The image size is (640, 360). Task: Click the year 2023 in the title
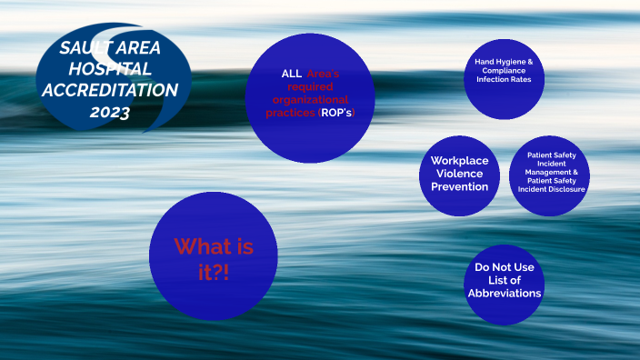click(110, 113)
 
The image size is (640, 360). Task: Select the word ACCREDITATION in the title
click(110, 90)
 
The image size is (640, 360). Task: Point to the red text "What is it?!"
click(214, 258)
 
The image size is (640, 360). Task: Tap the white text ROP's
click(337, 113)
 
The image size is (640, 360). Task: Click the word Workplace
click(460, 161)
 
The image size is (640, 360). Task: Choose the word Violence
click(460, 174)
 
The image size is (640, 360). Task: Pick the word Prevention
click(460, 186)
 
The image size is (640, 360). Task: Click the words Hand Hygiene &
click(504, 61)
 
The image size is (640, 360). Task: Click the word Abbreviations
click(505, 293)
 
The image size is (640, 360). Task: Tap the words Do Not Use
click(505, 267)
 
